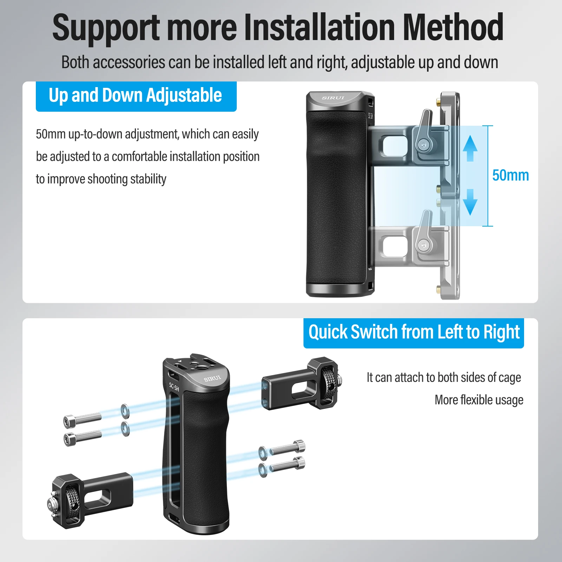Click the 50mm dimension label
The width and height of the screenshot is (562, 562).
[x=510, y=175]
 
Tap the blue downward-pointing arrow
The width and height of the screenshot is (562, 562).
[x=470, y=202]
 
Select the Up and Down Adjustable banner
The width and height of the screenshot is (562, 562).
[x=136, y=97]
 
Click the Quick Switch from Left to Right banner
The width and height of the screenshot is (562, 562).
[x=414, y=333]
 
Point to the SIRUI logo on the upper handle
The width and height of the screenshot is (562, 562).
[x=333, y=98]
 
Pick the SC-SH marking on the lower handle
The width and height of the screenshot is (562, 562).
[x=174, y=387]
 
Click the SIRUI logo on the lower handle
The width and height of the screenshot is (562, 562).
[x=213, y=378]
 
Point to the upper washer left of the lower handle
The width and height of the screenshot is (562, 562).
[x=125, y=411]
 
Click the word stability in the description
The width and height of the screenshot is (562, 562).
[x=148, y=179]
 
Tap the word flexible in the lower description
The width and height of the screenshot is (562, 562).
[x=478, y=400]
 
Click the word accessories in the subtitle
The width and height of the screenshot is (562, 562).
[x=129, y=63]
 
